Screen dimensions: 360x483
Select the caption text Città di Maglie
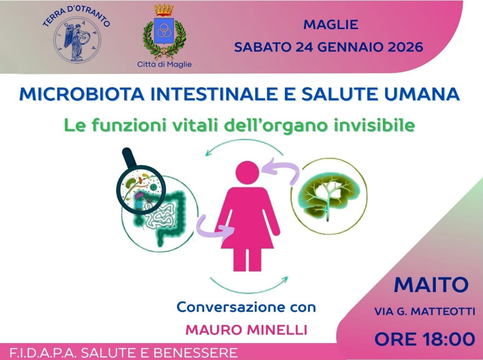click(164, 64)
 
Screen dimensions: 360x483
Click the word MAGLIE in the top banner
click(331, 25)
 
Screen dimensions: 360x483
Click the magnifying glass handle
click(127, 157)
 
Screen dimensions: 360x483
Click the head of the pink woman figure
click(247, 172)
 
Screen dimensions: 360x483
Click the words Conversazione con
click(246, 308)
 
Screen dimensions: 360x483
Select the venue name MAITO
click(431, 285)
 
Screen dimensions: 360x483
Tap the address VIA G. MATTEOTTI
click(425, 311)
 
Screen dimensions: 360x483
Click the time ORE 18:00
click(425, 338)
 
